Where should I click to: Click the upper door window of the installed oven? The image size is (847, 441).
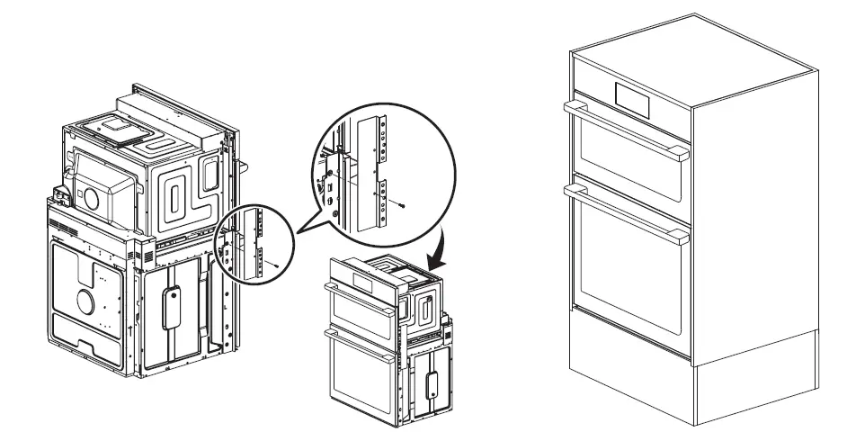tap(620, 162)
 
